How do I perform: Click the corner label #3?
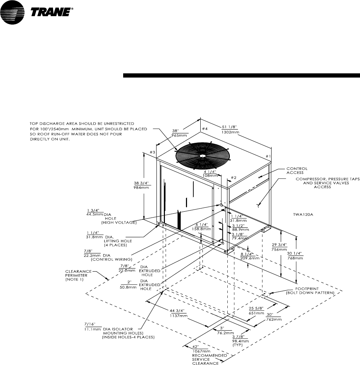(152, 152)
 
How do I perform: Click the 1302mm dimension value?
(231, 132)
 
